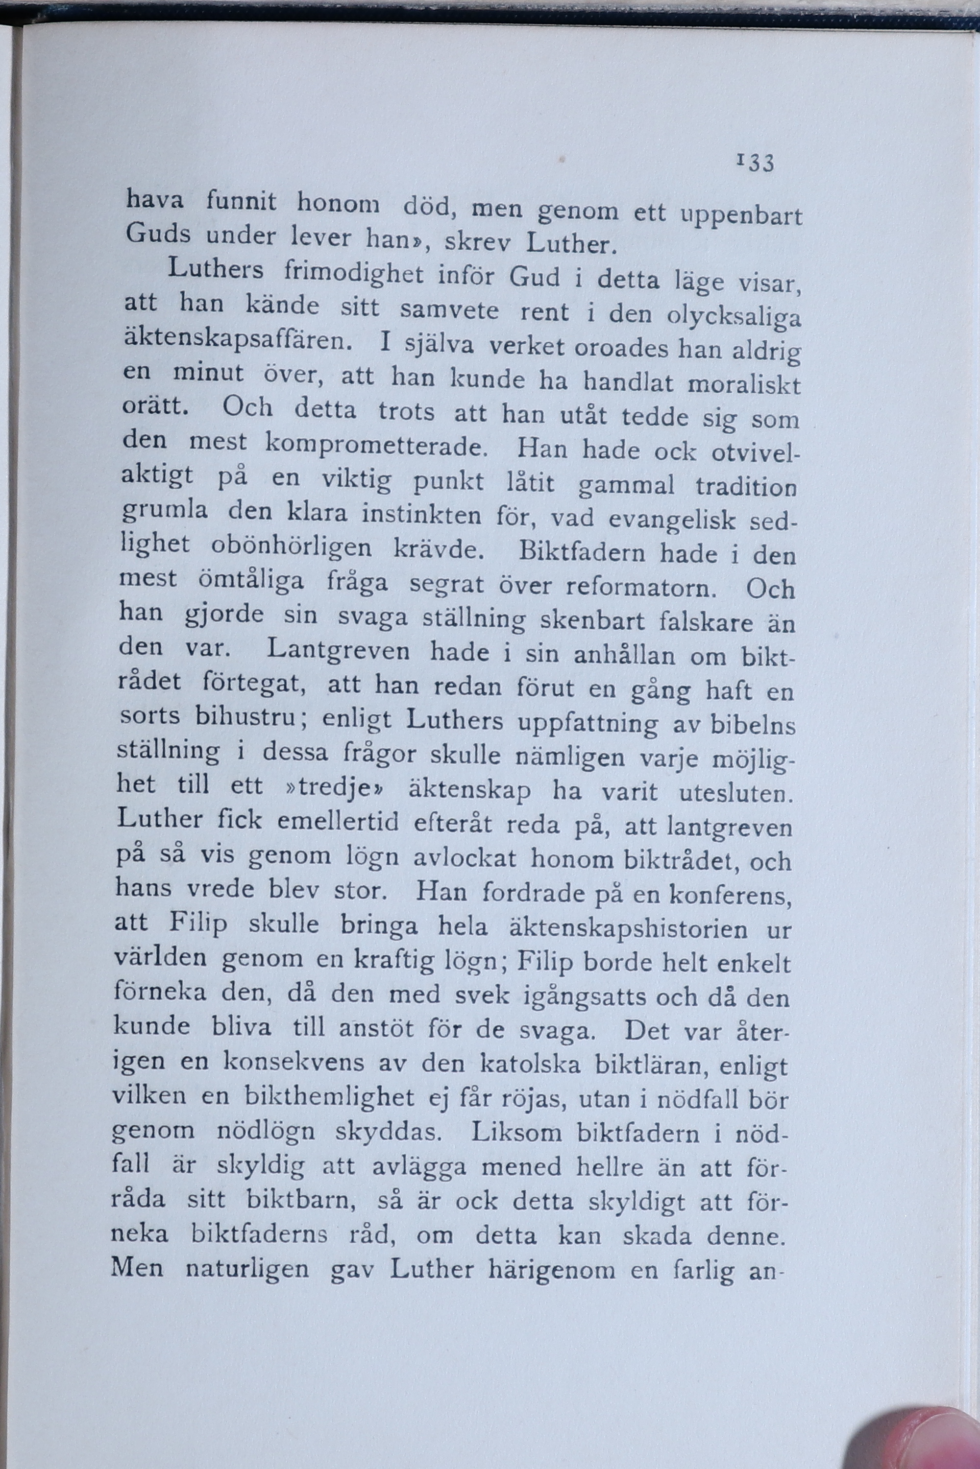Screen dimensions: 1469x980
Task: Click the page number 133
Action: point(756,163)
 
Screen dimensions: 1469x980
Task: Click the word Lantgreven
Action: point(338,651)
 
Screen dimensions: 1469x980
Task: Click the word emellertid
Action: point(337,821)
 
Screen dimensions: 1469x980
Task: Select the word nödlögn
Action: point(266,1132)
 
